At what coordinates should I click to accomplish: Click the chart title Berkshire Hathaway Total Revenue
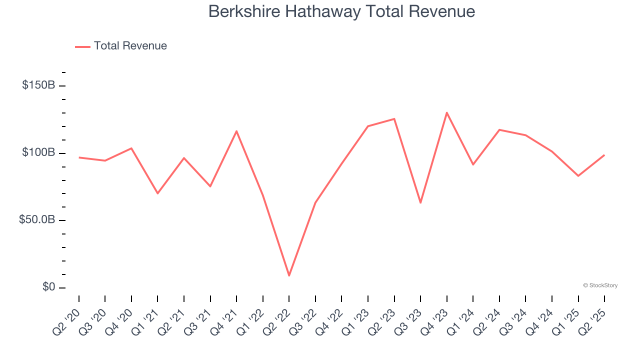(x=341, y=11)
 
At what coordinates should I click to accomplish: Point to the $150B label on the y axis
(x=38, y=85)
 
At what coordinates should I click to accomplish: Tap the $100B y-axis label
(x=38, y=152)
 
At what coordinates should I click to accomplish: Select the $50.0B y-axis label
(x=37, y=220)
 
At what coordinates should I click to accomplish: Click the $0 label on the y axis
(x=48, y=287)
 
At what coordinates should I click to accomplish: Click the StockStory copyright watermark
(x=600, y=285)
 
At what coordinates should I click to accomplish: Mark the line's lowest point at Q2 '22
(x=289, y=275)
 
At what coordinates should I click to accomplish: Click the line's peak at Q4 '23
(x=446, y=112)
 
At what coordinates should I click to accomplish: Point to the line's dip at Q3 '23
(x=420, y=202)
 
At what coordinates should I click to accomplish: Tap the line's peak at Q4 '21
(x=236, y=131)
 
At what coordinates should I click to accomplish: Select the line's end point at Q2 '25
(x=604, y=155)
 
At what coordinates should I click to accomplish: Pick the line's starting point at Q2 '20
(x=79, y=157)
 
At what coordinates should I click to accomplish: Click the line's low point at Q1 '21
(x=157, y=193)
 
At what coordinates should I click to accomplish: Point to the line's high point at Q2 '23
(x=394, y=119)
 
